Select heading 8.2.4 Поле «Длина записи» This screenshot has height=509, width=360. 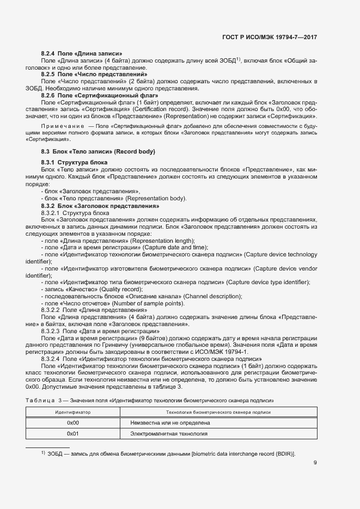82,53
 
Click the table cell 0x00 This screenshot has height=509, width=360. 73,422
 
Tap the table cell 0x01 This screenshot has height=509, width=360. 73,434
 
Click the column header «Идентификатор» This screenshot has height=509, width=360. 73,413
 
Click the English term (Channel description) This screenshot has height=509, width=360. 213,296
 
